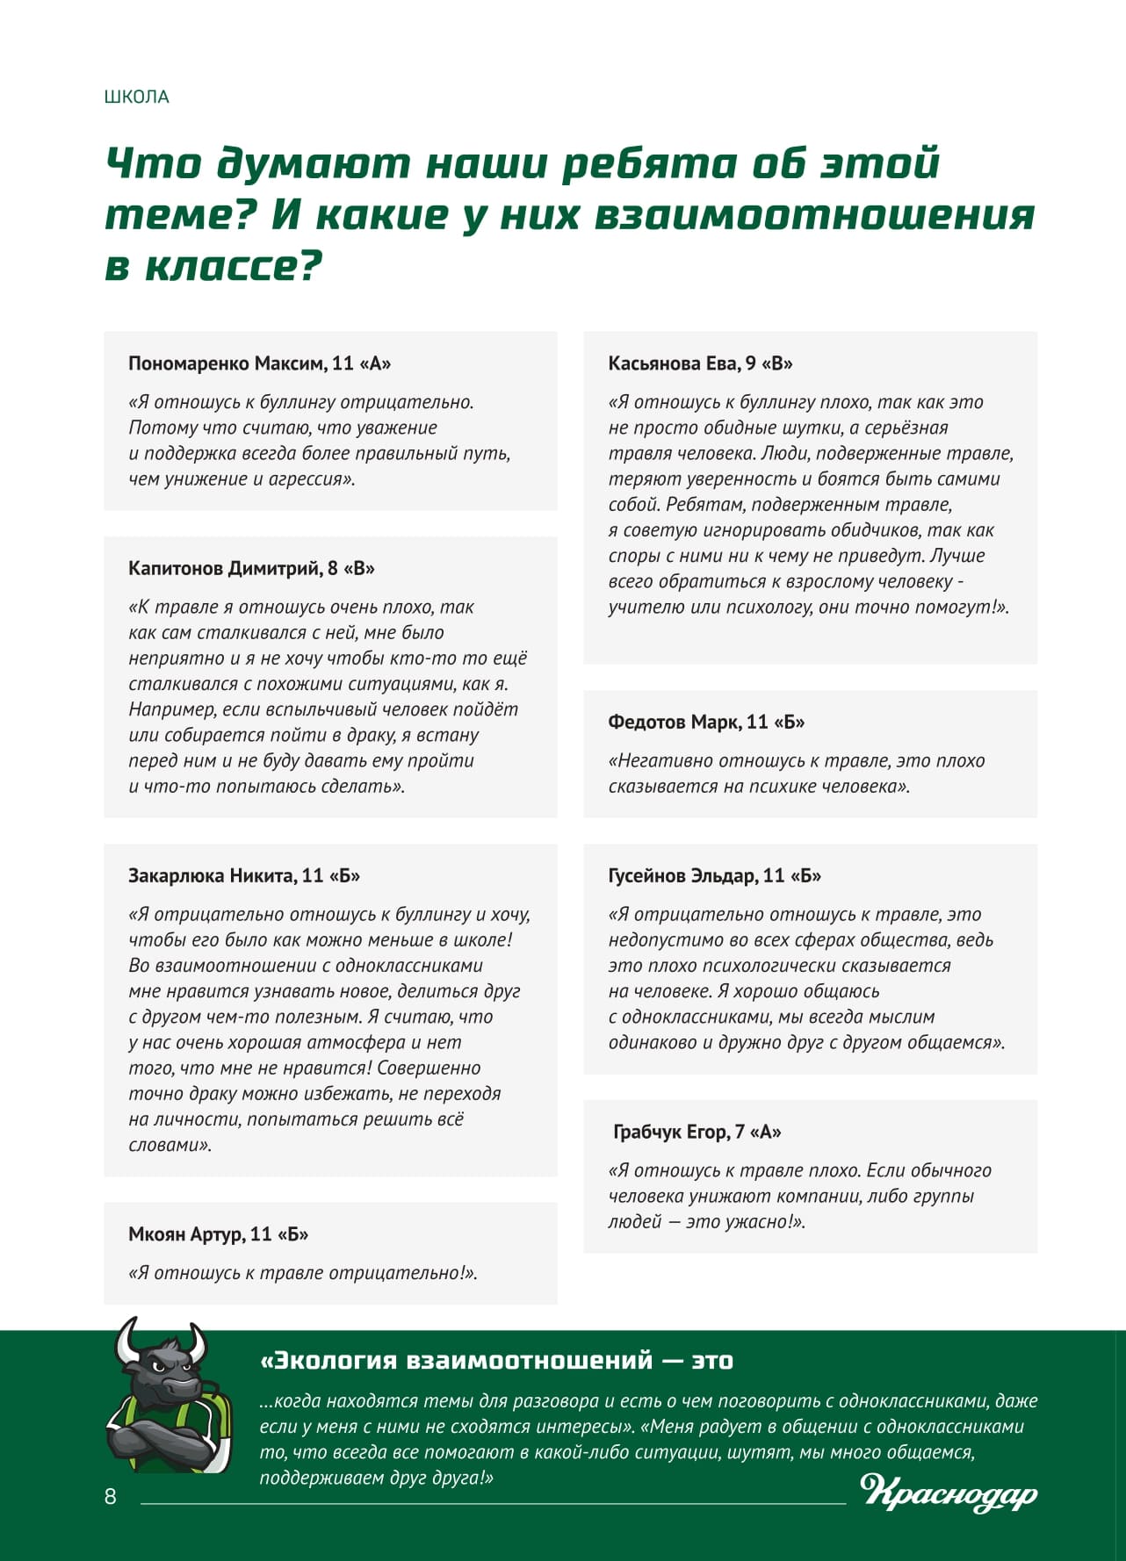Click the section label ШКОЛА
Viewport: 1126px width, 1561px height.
pyautogui.click(x=136, y=97)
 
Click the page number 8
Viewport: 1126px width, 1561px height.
pyautogui.click(x=111, y=1496)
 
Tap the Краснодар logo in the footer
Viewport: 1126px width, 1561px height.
pyautogui.click(x=949, y=1492)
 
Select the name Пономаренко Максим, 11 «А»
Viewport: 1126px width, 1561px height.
pyautogui.click(x=259, y=363)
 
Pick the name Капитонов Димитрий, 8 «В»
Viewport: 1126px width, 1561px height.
pyautogui.click(x=251, y=568)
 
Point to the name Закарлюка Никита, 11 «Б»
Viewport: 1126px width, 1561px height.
pyautogui.click(x=244, y=875)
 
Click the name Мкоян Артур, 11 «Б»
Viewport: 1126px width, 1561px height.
pyautogui.click(x=218, y=1234)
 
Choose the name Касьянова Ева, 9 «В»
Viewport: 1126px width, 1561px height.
pyautogui.click(x=700, y=363)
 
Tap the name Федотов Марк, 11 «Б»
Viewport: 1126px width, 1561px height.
pyautogui.click(x=706, y=722)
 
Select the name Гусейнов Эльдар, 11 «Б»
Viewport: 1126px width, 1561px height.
pyautogui.click(x=714, y=875)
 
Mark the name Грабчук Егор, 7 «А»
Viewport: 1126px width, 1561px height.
pyautogui.click(x=697, y=1132)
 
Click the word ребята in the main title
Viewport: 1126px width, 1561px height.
pyautogui.click(x=650, y=163)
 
